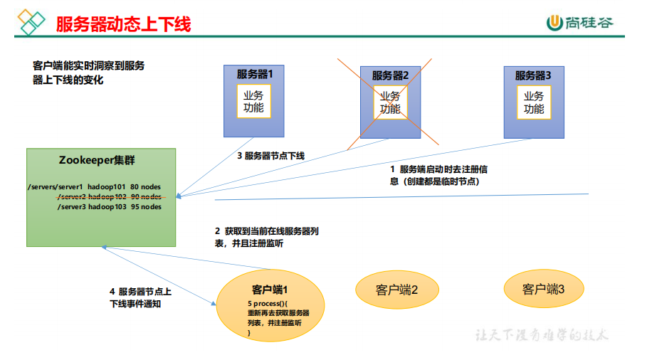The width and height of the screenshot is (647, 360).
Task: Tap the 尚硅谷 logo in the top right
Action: click(580, 23)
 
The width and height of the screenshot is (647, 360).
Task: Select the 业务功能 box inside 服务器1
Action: click(253, 102)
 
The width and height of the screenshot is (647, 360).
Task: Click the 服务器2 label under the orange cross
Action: click(390, 75)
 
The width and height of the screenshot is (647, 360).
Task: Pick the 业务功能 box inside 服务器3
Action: click(534, 102)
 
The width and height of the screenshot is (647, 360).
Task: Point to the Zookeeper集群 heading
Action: click(102, 161)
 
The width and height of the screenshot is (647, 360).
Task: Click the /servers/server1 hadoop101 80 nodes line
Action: click(94, 187)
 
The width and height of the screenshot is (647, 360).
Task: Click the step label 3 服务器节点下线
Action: click(271, 155)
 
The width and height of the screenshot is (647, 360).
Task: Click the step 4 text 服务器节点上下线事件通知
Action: click(140, 297)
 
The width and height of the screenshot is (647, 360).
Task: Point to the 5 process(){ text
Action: click(263, 303)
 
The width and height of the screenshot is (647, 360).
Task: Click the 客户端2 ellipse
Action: click(396, 290)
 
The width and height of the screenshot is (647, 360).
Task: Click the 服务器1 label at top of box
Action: click(254, 73)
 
